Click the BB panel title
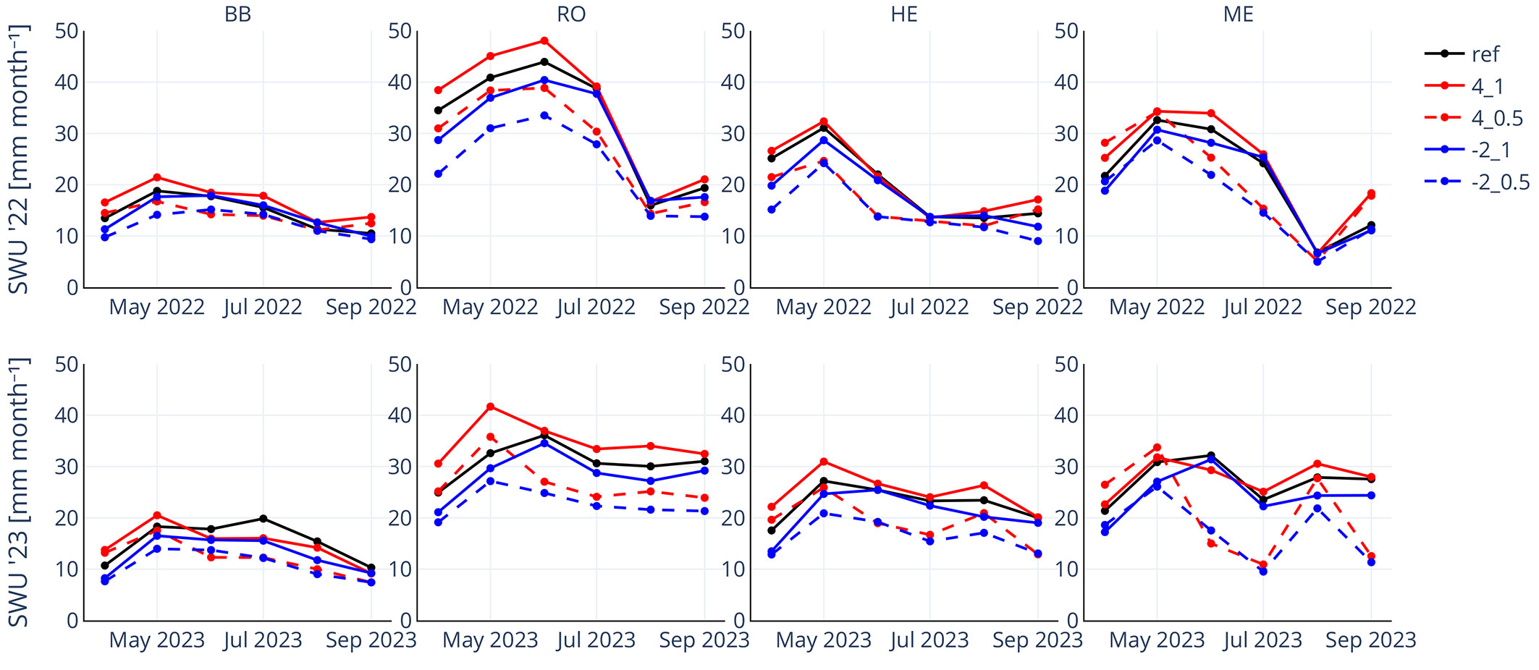click(237, 14)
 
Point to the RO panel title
click(571, 14)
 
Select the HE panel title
click(904, 14)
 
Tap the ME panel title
click(1238, 14)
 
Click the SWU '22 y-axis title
click(19, 159)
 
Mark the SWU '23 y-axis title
click(19, 492)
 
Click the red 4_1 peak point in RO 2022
click(544, 41)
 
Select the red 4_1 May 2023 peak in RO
click(490, 407)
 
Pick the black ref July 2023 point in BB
click(263, 519)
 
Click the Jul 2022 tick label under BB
click(263, 308)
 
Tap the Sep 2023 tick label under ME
click(1370, 640)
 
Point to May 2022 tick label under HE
click(823, 308)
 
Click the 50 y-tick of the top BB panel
click(67, 31)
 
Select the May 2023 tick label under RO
click(490, 640)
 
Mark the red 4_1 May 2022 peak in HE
click(824, 122)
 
